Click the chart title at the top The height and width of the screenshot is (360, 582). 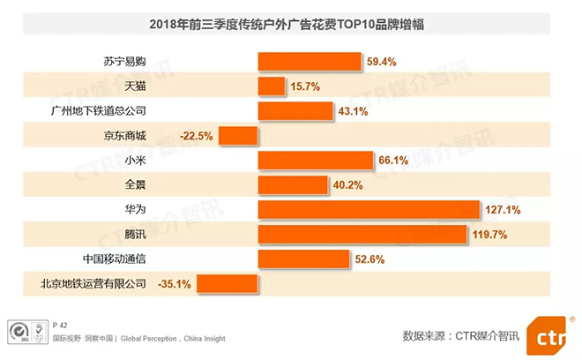point(291,25)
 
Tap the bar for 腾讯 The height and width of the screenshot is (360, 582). point(362,234)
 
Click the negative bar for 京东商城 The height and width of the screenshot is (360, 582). point(238,136)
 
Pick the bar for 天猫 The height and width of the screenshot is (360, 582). point(272,86)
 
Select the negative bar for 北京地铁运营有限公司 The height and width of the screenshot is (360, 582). point(228,283)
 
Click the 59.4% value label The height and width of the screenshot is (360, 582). point(381,62)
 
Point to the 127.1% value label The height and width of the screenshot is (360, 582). point(504,210)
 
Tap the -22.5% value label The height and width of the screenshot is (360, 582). point(196,136)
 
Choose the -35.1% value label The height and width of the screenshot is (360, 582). point(174,284)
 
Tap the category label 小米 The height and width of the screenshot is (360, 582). point(134,161)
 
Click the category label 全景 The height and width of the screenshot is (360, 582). point(134,185)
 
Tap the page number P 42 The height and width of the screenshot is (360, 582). point(62,324)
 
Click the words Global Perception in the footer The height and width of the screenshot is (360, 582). point(148,338)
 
